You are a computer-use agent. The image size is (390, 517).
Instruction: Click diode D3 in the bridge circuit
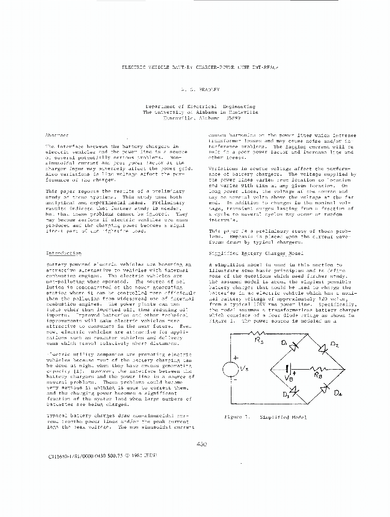coord(288,388)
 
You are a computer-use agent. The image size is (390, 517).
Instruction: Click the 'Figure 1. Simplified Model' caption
coord(265,417)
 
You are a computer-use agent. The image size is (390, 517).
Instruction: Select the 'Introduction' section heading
coord(64,253)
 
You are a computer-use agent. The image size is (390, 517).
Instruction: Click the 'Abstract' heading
coord(57,135)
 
